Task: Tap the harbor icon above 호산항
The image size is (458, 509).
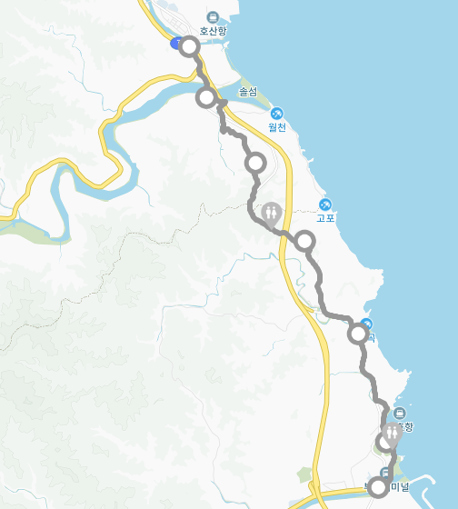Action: [x=213, y=16]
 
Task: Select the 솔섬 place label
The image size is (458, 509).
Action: [x=248, y=92]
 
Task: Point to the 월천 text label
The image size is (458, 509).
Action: [x=276, y=127]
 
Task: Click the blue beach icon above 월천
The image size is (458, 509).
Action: [x=276, y=113]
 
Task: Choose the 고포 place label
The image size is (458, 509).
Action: [x=326, y=218]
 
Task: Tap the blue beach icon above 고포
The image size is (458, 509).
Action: [x=326, y=204]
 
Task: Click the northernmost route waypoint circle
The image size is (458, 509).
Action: [x=189, y=46]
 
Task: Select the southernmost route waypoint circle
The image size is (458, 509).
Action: [x=379, y=488]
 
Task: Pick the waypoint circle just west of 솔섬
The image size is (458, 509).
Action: [x=206, y=97]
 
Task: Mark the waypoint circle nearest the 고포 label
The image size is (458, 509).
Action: [x=305, y=241]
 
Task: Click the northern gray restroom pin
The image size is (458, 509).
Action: [x=272, y=215]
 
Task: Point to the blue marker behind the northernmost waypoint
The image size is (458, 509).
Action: [x=175, y=43]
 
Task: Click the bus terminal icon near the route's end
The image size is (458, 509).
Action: [x=385, y=472]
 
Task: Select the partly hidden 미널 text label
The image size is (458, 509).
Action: [x=400, y=487]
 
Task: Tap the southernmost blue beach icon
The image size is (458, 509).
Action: [x=366, y=324]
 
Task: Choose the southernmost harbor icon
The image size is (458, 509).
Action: [x=400, y=414]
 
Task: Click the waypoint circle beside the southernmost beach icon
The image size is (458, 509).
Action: [x=359, y=334]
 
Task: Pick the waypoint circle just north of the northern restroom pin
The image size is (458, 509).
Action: [x=255, y=164]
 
